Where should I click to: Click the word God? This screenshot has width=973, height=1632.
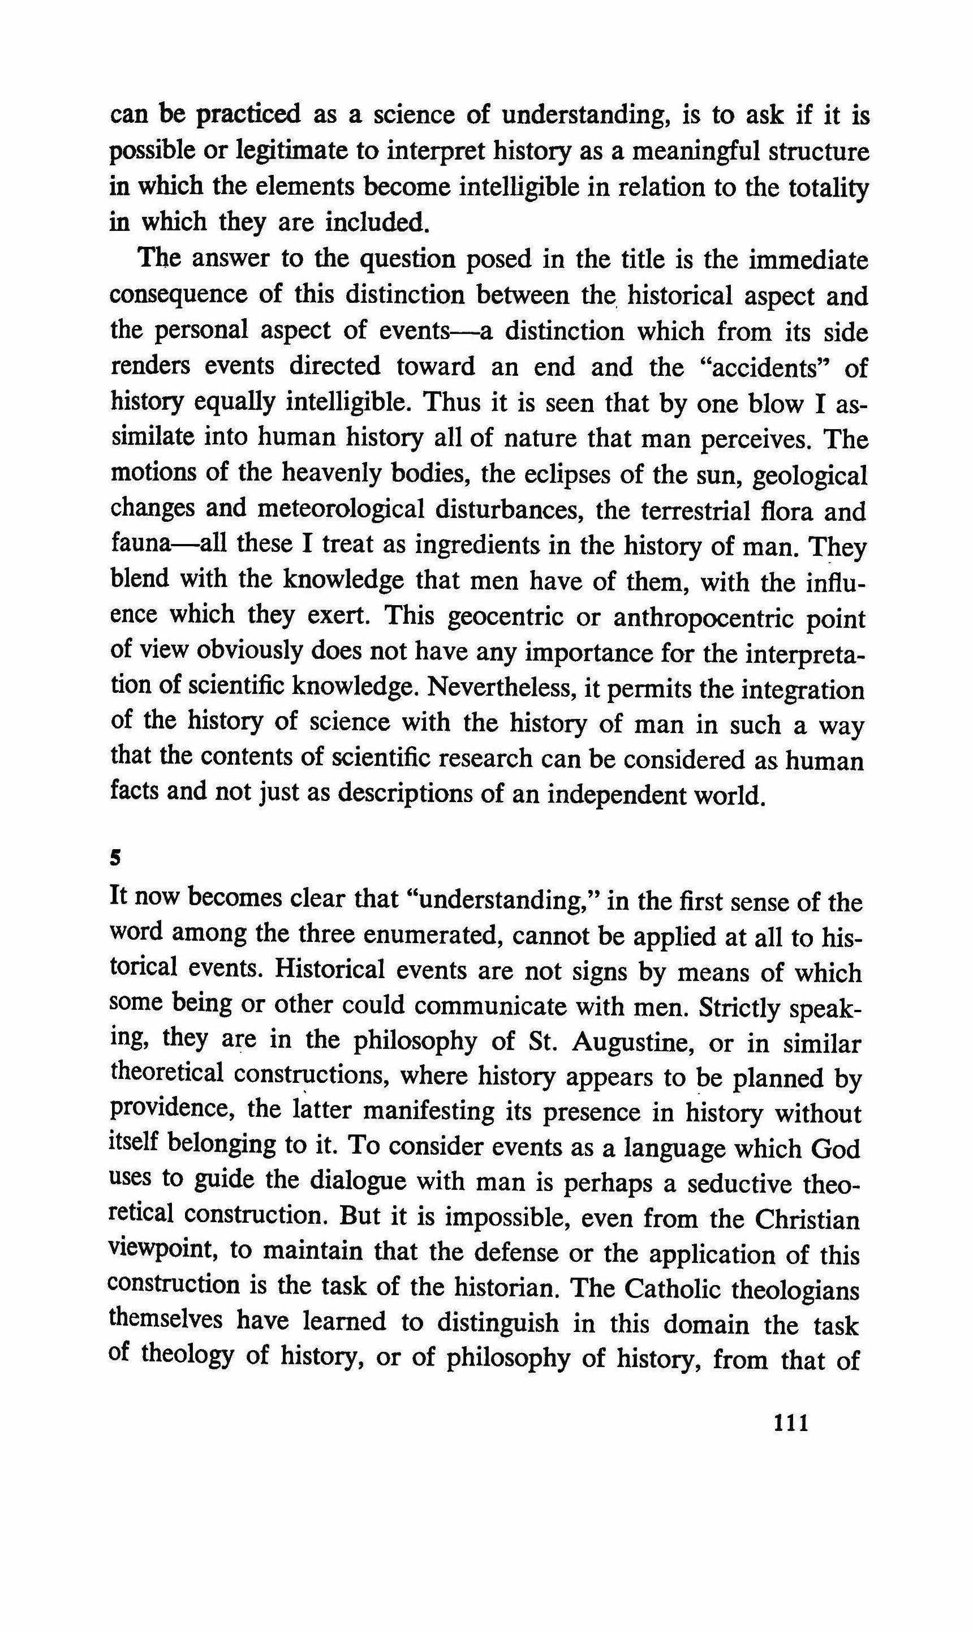834,1149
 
